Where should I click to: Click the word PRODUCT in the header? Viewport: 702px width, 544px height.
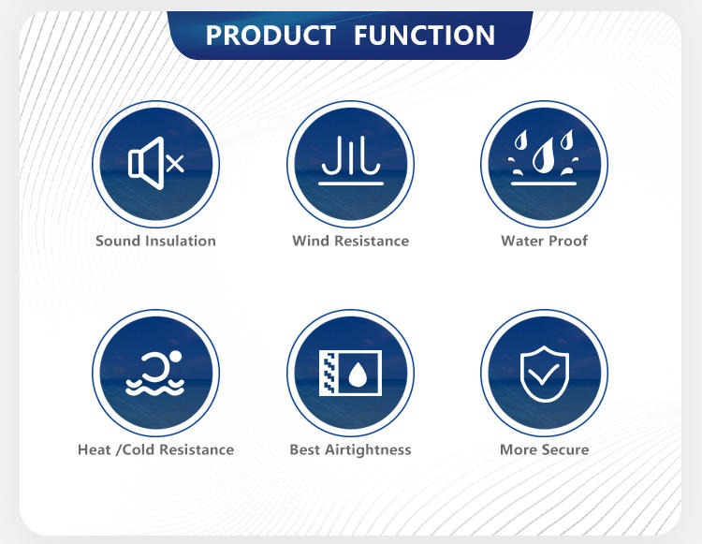pyautogui.click(x=271, y=36)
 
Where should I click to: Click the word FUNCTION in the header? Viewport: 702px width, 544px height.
pyautogui.click(x=424, y=36)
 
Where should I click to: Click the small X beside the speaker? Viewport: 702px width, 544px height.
pyautogui.click(x=175, y=164)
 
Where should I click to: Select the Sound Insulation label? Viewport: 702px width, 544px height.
pyautogui.click(x=155, y=241)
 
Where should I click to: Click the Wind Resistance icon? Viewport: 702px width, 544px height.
pyautogui.click(x=351, y=161)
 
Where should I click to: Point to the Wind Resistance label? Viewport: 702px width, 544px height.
pyautogui.click(x=351, y=241)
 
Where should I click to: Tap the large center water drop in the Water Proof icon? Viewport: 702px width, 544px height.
pyautogui.click(x=543, y=155)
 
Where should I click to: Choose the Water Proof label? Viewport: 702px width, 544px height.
pyautogui.click(x=545, y=241)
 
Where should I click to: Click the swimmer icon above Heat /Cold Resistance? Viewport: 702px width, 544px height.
pyautogui.click(x=154, y=374)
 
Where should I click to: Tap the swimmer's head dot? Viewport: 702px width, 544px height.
pyautogui.click(x=176, y=357)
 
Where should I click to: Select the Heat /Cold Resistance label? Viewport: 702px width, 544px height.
pyautogui.click(x=155, y=449)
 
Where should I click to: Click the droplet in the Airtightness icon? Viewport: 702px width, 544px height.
pyautogui.click(x=358, y=375)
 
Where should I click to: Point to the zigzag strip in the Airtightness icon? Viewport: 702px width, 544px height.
pyautogui.click(x=329, y=373)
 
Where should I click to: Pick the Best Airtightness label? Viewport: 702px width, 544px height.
pyautogui.click(x=351, y=449)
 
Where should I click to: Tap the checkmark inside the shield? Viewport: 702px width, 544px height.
pyautogui.click(x=544, y=374)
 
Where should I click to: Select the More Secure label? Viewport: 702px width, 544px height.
pyautogui.click(x=545, y=449)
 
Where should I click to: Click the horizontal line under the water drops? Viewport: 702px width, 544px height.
pyautogui.click(x=544, y=184)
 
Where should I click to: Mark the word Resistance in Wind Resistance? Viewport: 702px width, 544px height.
pyautogui.click(x=372, y=241)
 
